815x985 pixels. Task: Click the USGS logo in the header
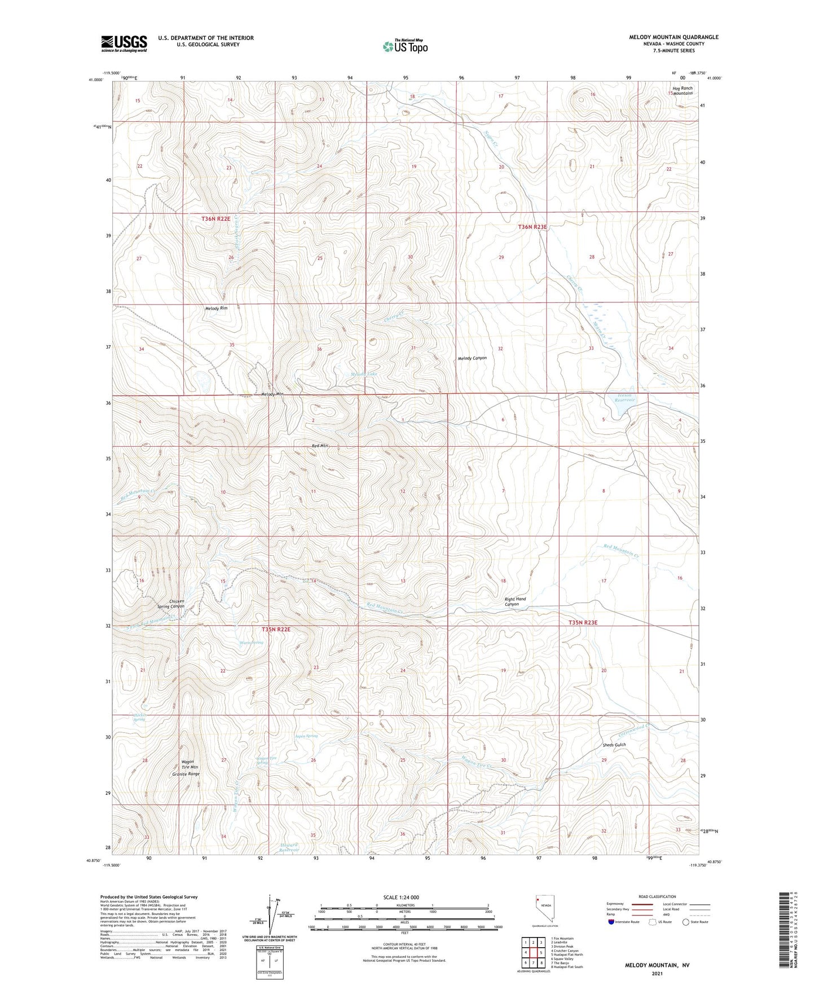[x=124, y=43]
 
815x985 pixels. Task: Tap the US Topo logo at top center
[x=405, y=46]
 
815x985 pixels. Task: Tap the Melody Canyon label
[x=472, y=358]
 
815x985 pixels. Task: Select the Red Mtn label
[x=320, y=446]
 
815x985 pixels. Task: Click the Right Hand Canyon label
[x=515, y=601]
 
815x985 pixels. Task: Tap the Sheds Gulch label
[x=614, y=745]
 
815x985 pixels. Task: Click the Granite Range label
[x=186, y=774]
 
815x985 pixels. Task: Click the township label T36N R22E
[x=216, y=218]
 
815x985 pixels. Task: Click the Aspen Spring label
[x=306, y=736]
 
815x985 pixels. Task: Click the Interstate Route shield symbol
[x=611, y=922]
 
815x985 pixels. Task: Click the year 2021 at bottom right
[x=657, y=973]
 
